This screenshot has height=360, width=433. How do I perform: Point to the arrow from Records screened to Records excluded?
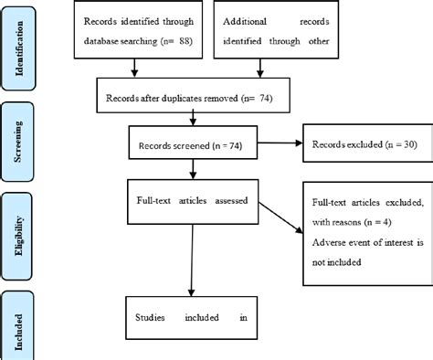point(278,144)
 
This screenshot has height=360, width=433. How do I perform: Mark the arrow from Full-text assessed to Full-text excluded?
point(278,217)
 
